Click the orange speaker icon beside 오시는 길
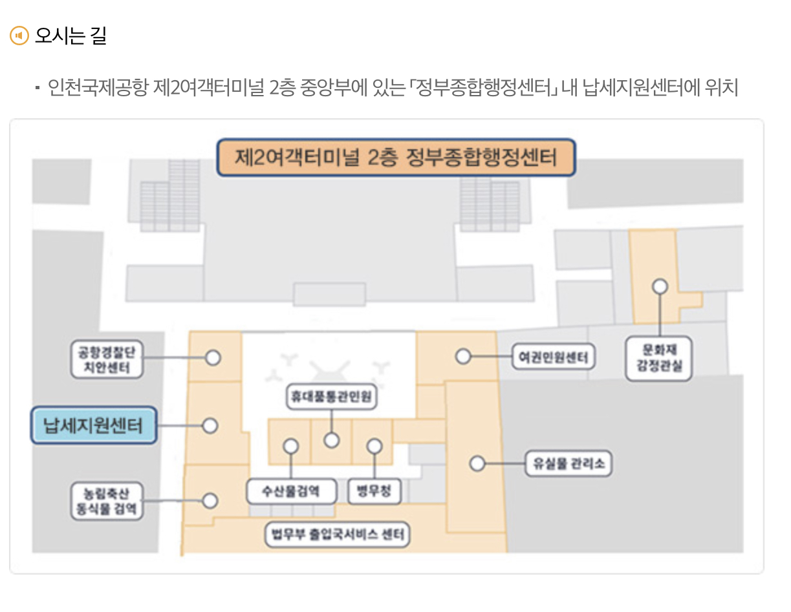coord(19,35)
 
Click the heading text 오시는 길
coord(70,35)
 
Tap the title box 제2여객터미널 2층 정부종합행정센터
coord(396,158)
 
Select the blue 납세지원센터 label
coord(94,425)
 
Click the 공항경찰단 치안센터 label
coord(106,360)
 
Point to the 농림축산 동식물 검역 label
coord(106,501)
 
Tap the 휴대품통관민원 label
coord(332,397)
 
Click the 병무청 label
coord(374,492)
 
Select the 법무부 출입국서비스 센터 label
coord(338,535)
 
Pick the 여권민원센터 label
coord(553,356)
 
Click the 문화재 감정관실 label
coord(659,359)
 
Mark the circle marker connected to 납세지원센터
coord(210,426)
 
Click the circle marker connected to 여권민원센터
coord(462,356)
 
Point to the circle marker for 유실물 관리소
coord(477,463)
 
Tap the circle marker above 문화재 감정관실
coord(660,286)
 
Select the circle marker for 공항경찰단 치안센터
coord(213,357)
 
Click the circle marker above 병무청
coord(374,446)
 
